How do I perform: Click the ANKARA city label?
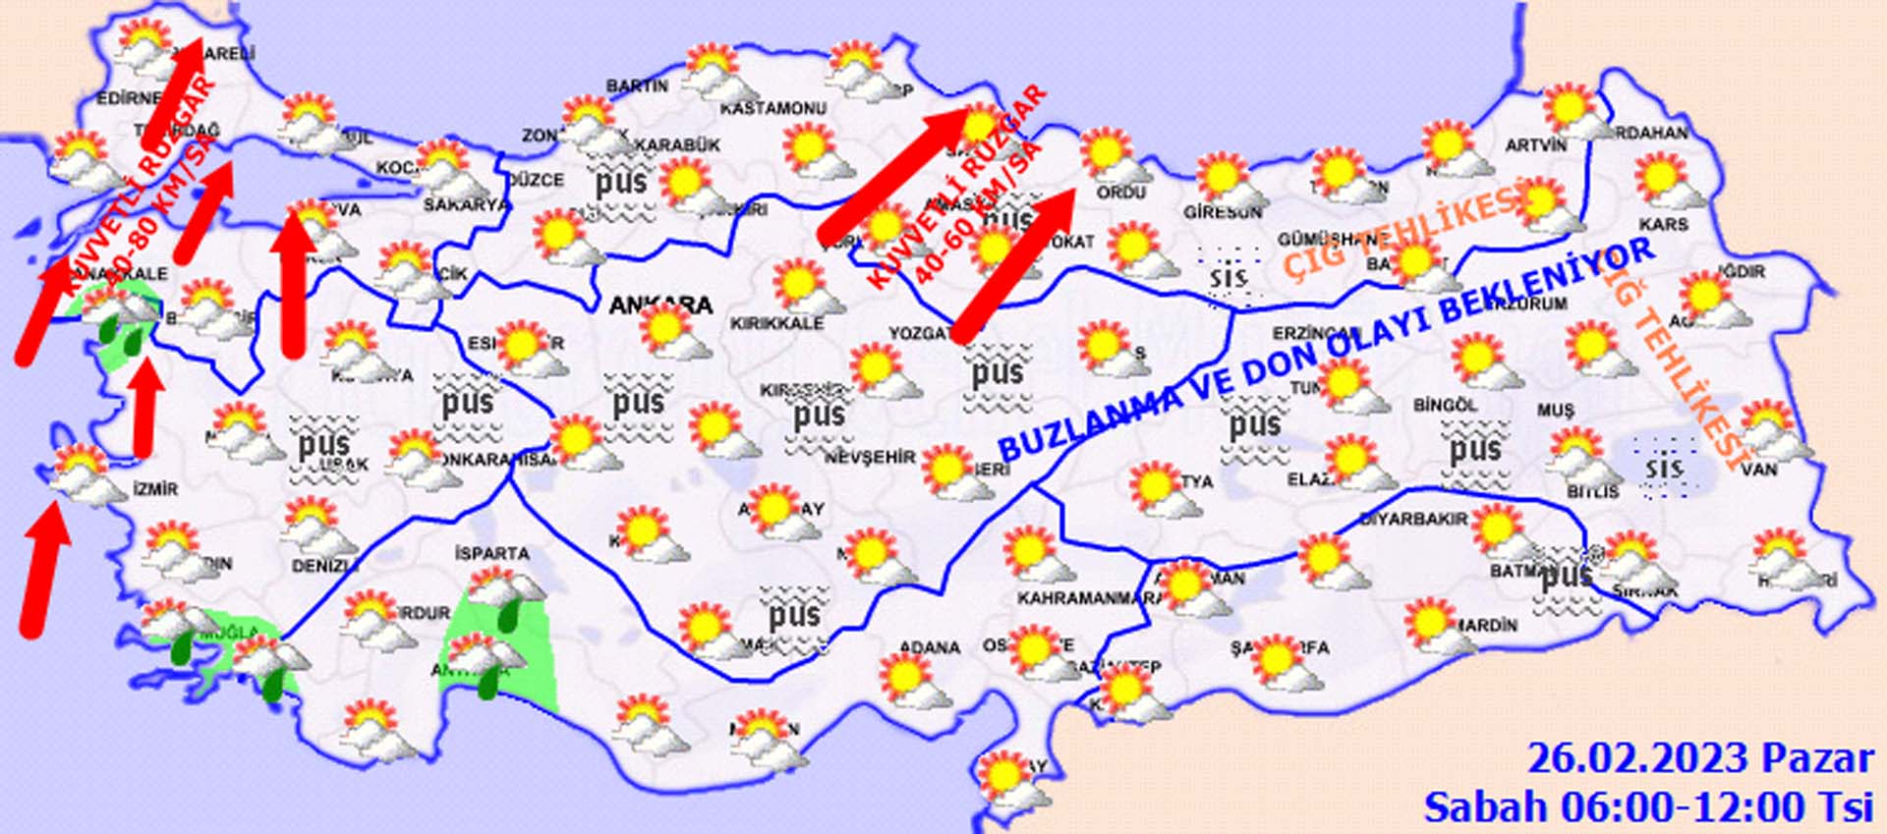click(659, 305)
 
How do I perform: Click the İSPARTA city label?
click(491, 553)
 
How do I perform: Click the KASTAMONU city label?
click(772, 108)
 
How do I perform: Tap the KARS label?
click(1663, 225)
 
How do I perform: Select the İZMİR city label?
click(155, 488)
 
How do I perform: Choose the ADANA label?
click(930, 647)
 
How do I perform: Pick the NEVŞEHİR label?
click(870, 458)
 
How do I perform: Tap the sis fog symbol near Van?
click(1663, 469)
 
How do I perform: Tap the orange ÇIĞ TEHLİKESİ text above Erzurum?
click(1405, 232)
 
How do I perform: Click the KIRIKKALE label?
click(776, 323)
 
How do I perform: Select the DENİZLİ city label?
click(324, 567)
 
